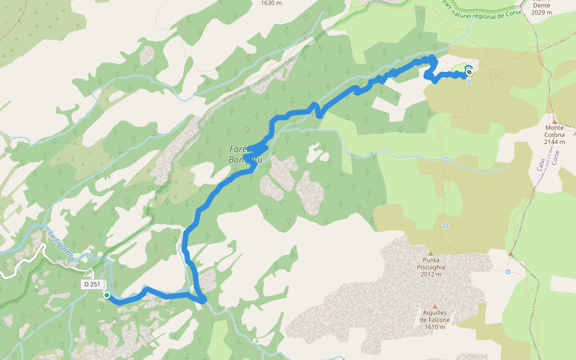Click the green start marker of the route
point(107,295)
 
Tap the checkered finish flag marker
point(469,72)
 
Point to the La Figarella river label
point(61,247)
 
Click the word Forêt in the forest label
point(239,149)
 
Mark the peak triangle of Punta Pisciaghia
point(430,254)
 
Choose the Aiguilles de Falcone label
point(435,316)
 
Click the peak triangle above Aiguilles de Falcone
point(435,306)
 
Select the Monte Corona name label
point(554,131)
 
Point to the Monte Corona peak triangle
point(554,121)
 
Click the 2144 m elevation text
point(554,142)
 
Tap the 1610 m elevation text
point(435,327)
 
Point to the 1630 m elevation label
point(271,3)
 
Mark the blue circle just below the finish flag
point(469,82)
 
